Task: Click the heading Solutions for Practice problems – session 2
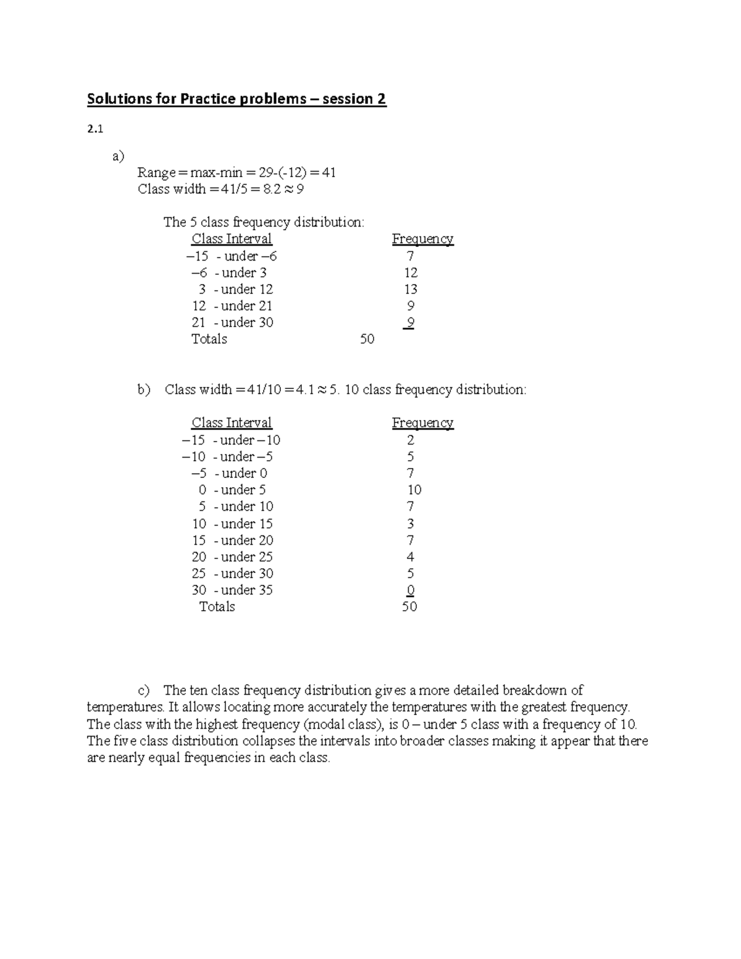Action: pyautogui.click(x=237, y=99)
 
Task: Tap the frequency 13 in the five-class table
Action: pyautogui.click(x=411, y=290)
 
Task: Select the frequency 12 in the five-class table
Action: pyautogui.click(x=411, y=273)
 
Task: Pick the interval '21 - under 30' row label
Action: pyautogui.click(x=232, y=323)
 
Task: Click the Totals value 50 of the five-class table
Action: pyautogui.click(x=367, y=340)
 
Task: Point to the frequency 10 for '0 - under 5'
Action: pyautogui.click(x=414, y=490)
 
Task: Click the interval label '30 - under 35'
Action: pyautogui.click(x=232, y=590)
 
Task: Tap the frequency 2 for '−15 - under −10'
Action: pyautogui.click(x=411, y=440)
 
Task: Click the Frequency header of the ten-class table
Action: pyautogui.click(x=422, y=423)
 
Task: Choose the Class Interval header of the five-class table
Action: pyautogui.click(x=232, y=239)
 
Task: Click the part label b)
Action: pyautogui.click(x=144, y=390)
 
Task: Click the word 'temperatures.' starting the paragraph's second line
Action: pyautogui.click(x=126, y=707)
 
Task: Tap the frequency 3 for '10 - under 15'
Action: pyautogui.click(x=411, y=524)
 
